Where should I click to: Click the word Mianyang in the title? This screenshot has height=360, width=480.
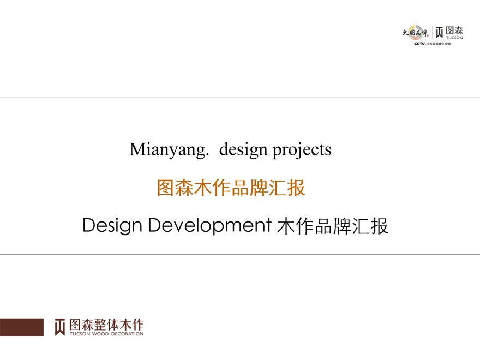(x=169, y=149)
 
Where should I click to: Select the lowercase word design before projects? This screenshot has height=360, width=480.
(x=243, y=149)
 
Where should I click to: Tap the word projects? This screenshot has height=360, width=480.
(x=302, y=151)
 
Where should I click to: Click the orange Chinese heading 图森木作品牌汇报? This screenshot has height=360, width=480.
(x=231, y=188)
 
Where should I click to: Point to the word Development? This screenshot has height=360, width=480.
(x=209, y=226)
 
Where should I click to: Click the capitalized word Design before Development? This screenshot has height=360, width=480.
(x=112, y=226)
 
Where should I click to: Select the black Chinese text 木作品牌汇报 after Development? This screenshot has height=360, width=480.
(x=332, y=226)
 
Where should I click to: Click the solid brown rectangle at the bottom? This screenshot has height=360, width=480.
(x=22, y=327)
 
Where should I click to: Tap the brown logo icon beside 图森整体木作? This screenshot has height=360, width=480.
(x=59, y=327)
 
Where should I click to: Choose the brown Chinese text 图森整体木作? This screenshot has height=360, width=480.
(x=106, y=324)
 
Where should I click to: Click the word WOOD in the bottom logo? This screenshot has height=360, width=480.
(x=100, y=334)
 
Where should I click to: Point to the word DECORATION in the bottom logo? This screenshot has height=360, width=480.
(x=127, y=334)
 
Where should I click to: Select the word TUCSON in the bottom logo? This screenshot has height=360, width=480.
(x=80, y=334)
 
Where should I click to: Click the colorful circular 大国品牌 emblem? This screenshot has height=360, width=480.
(x=415, y=32)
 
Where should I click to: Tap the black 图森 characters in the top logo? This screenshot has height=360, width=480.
(x=454, y=31)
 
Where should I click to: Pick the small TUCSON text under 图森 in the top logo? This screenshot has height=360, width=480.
(x=454, y=38)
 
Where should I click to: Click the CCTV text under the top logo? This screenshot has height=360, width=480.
(x=419, y=44)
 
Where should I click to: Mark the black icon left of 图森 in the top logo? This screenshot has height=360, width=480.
(x=439, y=32)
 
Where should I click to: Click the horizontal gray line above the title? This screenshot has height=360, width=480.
(x=240, y=98)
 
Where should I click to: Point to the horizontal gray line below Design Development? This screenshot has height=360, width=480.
(x=240, y=254)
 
